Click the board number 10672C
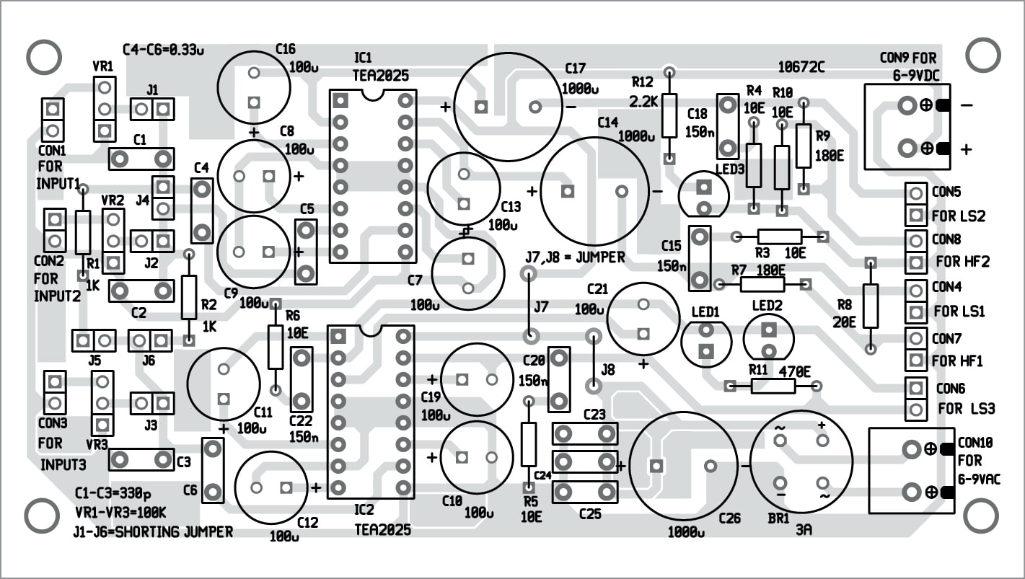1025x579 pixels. pos(801,67)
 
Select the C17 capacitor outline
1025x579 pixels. pos(509,107)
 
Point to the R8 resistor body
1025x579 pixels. pos(871,306)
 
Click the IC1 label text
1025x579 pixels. pos(364,57)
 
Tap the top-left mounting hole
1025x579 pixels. pos(43,56)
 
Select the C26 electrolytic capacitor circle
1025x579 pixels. pos(683,466)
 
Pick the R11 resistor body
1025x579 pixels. pos(773,386)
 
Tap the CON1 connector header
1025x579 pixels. pos(53,120)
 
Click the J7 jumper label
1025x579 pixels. pos(541,307)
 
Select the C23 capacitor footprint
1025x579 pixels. pos(585,433)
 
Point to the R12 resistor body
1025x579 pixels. pos(669,115)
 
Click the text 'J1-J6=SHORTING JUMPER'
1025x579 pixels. pos(153,532)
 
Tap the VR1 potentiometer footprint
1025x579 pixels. pos(105,109)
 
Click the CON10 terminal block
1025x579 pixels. pos(911,470)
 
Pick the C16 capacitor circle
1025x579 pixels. pos(253,87)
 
